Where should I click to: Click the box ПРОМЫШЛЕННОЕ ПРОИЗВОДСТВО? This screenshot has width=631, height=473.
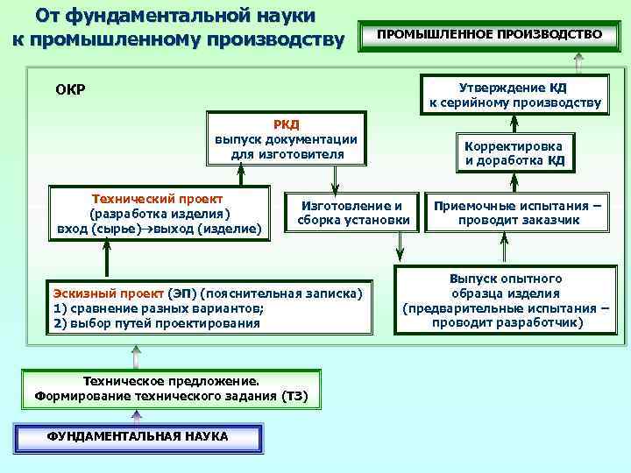coord(489,35)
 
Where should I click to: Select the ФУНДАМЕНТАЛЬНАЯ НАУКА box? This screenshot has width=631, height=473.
coord(137,436)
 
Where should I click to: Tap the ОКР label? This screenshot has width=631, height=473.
coord(70,90)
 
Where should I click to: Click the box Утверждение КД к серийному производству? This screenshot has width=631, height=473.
coord(514,95)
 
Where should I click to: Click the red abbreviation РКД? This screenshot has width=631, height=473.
coord(286,124)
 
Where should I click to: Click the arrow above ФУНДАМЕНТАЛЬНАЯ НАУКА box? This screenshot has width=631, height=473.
coord(136,416)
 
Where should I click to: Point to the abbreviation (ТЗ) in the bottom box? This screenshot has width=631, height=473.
coord(295,396)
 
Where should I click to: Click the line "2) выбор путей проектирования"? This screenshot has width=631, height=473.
coord(157,323)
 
